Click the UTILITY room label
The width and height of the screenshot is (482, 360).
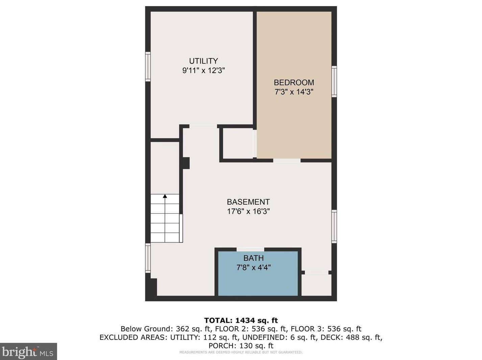[203, 61]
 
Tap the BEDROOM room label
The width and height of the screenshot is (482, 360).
[294, 82]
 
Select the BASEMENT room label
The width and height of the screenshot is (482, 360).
[248, 202]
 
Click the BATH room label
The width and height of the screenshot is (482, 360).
[254, 258]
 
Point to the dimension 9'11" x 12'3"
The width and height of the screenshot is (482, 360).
[203, 71]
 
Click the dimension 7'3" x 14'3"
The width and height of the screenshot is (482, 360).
[294, 92]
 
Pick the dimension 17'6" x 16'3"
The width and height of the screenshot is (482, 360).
[248, 211]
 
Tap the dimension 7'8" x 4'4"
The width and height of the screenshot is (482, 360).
[254, 267]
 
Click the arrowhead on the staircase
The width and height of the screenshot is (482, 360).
[165, 196]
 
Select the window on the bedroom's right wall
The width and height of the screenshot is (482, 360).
[334, 81]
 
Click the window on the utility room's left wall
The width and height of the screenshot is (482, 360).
[148, 67]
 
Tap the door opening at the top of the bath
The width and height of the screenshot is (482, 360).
[250, 250]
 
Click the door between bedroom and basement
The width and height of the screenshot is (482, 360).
[287, 160]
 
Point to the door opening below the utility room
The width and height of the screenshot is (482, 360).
[203, 126]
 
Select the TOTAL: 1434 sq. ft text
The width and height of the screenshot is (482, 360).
[241, 320]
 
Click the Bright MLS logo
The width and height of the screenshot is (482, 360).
[28, 352]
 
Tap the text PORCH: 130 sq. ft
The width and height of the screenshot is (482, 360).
[241, 346]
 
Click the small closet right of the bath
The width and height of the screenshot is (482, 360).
[316, 285]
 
